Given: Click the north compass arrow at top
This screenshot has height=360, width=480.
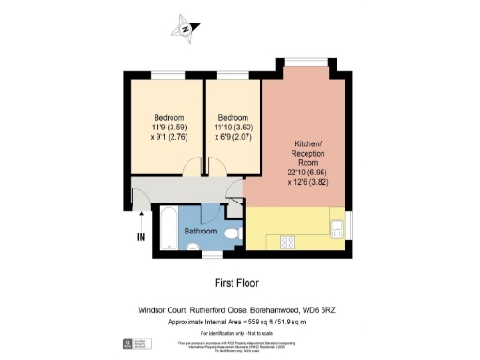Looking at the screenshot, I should pyautogui.click(x=187, y=28).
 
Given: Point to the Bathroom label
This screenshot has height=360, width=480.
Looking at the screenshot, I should pyautogui.click(x=200, y=231).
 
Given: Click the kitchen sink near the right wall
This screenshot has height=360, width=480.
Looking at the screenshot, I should pyautogui.click(x=337, y=225).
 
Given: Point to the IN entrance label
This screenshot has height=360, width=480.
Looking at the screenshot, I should pyautogui.click(x=141, y=238).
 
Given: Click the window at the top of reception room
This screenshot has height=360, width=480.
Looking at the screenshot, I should pyautogui.click(x=301, y=65).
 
